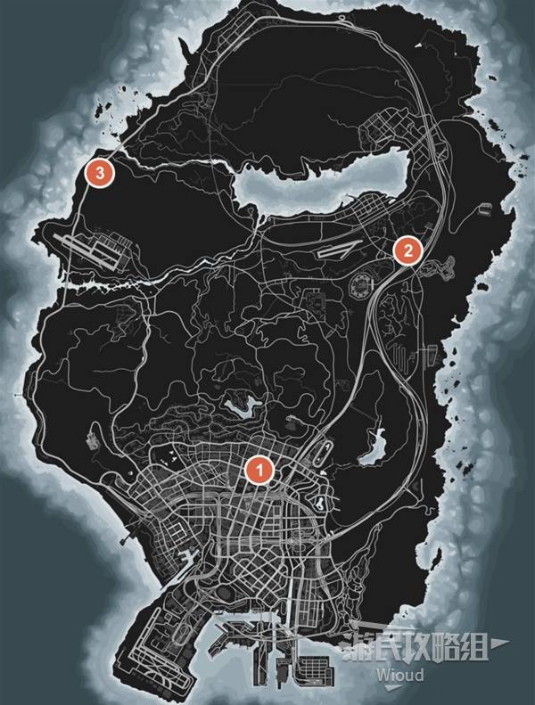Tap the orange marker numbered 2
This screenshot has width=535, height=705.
pos(407,250)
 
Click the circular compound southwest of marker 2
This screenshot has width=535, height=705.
pos(361,287)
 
